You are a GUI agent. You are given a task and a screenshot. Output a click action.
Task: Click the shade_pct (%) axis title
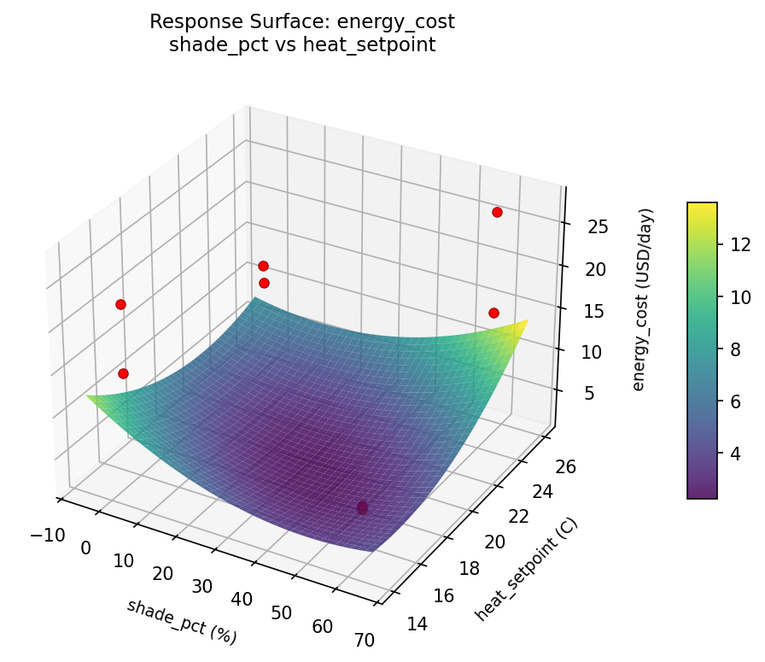click(181, 621)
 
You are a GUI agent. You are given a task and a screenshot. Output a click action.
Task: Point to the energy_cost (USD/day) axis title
click(645, 299)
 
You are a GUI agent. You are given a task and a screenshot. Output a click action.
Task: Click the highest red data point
click(497, 212)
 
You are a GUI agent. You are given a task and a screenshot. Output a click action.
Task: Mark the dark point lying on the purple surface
click(362, 507)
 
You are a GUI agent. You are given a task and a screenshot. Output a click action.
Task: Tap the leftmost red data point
click(120, 304)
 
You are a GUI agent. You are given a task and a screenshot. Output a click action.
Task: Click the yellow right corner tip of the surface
click(527, 320)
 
